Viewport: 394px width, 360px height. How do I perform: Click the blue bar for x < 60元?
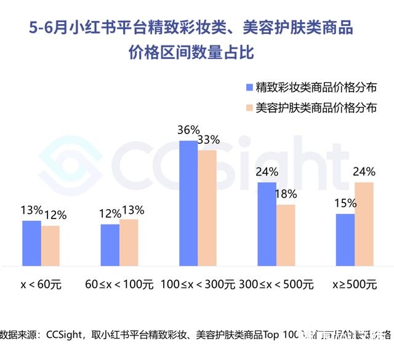click(32, 243)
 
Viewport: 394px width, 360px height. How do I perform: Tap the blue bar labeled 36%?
click(189, 203)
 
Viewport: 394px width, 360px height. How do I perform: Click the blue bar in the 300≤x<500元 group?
click(267, 223)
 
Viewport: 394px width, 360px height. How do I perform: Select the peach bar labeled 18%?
click(286, 234)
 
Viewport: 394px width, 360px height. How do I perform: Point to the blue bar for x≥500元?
click(345, 239)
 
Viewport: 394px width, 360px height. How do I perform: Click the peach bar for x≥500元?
click(364, 223)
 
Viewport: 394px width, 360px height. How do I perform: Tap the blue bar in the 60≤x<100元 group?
click(110, 244)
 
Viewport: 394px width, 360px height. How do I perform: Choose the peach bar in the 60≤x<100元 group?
click(129, 242)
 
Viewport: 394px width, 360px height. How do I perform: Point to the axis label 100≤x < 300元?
click(198, 285)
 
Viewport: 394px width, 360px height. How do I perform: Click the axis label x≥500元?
click(354, 285)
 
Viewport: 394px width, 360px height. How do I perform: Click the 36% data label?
click(188, 130)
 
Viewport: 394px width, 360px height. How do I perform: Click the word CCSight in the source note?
click(65, 335)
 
